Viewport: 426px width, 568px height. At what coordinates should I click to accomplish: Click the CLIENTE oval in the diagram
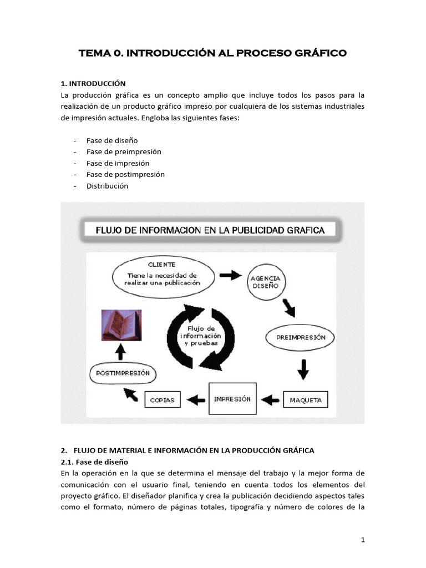(162, 275)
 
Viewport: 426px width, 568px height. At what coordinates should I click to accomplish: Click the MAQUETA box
(305, 399)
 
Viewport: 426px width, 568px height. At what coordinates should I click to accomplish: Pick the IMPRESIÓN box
(232, 398)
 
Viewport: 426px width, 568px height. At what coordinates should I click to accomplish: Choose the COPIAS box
(163, 399)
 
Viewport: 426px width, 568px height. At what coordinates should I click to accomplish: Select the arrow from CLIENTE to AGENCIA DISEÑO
(230, 275)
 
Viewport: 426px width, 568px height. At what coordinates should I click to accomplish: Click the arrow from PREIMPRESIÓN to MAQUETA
(303, 369)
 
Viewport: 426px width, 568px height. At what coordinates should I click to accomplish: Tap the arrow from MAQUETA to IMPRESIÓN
(270, 399)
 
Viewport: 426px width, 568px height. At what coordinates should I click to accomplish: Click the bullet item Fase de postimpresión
(125, 174)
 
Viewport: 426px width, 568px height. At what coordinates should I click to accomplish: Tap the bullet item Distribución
(107, 186)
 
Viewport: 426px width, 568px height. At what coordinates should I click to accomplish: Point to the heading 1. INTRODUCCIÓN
(93, 84)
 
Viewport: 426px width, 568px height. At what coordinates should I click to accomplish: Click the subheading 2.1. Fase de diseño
(94, 461)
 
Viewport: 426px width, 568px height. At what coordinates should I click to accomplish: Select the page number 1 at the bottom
(362, 540)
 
